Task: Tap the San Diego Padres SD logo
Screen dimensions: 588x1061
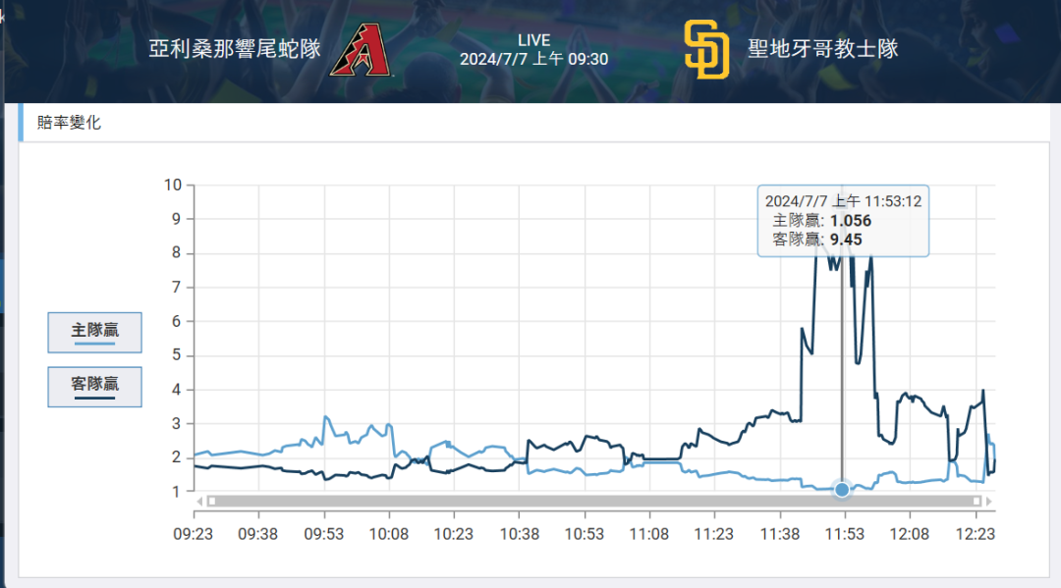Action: pos(706,49)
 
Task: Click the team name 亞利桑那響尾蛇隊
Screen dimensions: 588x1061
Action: pos(235,49)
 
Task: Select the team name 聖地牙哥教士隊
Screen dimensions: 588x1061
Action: pos(823,49)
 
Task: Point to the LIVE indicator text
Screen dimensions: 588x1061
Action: pos(533,40)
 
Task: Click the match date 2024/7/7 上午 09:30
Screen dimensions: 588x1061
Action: pos(533,59)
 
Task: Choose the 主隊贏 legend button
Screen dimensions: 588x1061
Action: pos(95,332)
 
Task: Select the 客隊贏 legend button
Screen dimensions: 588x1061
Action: pos(95,386)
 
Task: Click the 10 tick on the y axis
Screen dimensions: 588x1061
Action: pos(173,185)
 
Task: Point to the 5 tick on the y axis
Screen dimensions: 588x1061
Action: pos(177,355)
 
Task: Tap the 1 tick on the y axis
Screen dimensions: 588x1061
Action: pos(177,491)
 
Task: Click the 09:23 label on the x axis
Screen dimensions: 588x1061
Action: pos(194,534)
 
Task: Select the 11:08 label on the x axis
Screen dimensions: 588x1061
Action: pos(648,534)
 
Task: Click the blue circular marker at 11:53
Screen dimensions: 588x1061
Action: pos(842,489)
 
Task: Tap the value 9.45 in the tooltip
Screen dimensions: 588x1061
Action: pos(846,239)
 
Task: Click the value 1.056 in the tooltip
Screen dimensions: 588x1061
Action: pos(851,221)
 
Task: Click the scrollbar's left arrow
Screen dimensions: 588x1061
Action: pos(199,501)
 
